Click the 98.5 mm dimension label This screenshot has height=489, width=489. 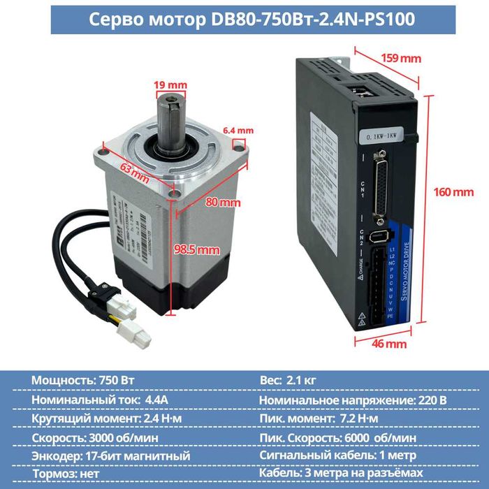[196, 249]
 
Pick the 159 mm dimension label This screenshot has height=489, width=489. [399, 58]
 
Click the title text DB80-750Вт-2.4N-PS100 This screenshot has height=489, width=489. [244, 20]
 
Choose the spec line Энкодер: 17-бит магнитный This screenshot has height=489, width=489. [110, 455]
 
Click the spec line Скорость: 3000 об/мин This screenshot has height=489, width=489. [95, 437]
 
